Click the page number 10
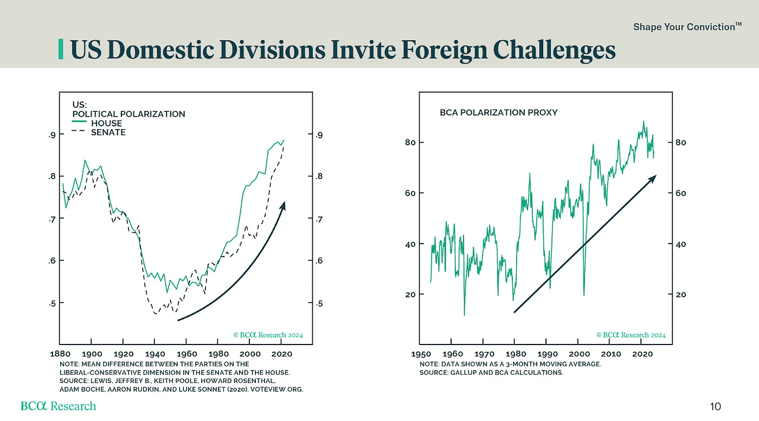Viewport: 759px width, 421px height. [x=716, y=406]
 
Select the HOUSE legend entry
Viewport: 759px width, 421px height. [x=106, y=123]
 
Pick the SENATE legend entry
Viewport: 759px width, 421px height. [x=108, y=132]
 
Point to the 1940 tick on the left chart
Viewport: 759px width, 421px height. [x=155, y=354]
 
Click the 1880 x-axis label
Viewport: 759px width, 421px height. [x=60, y=354]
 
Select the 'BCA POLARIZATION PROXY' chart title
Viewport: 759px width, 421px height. [x=498, y=113]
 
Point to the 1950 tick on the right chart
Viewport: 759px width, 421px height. [x=421, y=354]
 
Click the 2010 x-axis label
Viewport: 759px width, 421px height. [x=611, y=354]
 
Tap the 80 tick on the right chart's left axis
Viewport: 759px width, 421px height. [x=410, y=143]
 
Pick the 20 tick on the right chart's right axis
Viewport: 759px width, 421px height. [x=680, y=295]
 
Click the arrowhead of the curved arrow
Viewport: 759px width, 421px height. [x=283, y=205]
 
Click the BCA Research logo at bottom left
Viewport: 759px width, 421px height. [x=58, y=406]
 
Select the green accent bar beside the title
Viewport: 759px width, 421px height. [x=61, y=49]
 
